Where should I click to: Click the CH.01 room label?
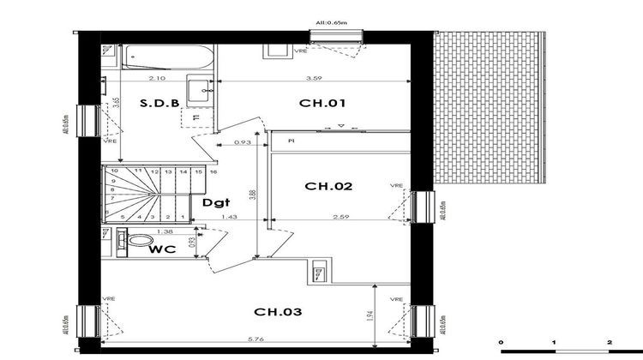point(321,104)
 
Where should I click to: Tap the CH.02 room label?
point(328,186)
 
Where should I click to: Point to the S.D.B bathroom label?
point(160,104)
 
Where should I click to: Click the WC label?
point(163,250)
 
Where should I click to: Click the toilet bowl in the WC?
point(140,240)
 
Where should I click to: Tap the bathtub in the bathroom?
point(163,58)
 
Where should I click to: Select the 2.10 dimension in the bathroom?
point(157,78)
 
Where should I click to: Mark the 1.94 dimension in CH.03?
point(370,317)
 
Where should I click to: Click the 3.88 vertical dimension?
point(252,195)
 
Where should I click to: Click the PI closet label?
point(291,139)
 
